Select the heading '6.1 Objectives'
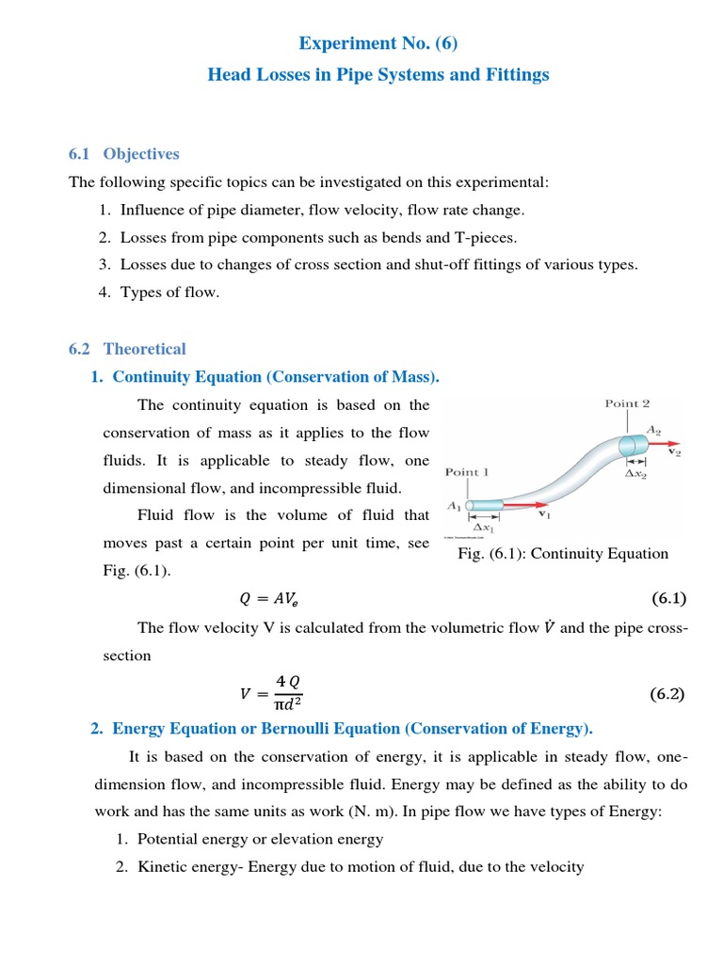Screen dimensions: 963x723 coord(123,154)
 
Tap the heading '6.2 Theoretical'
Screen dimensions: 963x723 coord(127,349)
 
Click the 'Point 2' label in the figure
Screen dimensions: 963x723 coord(627,403)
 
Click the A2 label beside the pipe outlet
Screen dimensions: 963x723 coord(653,429)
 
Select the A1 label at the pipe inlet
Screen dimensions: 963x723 coord(454,505)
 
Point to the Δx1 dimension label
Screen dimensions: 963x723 coord(486,529)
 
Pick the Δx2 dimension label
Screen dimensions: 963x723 coord(636,474)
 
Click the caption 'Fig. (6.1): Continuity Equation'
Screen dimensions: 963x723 coord(563,554)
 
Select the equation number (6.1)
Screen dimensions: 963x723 coord(668,598)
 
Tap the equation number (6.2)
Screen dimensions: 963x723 coord(668,695)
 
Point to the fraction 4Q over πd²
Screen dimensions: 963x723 coord(286,695)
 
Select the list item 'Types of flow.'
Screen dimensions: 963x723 coord(169,292)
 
